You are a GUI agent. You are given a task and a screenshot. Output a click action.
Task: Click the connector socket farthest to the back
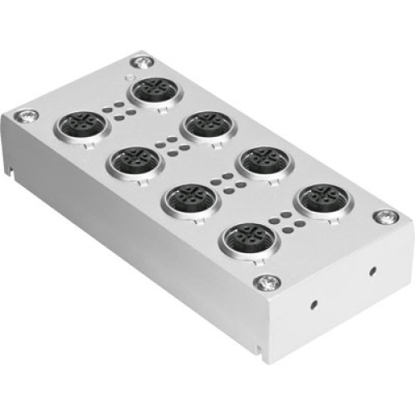(153, 90)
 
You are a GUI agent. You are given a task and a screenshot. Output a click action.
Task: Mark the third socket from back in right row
(263, 162)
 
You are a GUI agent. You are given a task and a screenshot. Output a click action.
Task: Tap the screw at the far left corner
(31, 116)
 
